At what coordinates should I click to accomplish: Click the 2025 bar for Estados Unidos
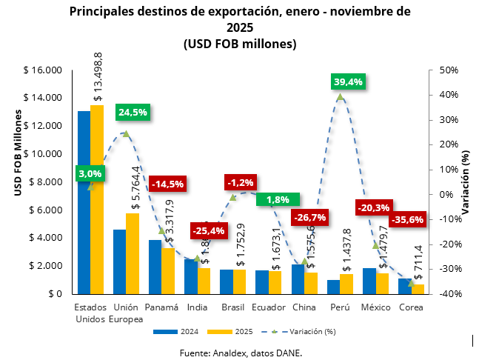point(97,200)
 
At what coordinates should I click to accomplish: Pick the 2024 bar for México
point(369,281)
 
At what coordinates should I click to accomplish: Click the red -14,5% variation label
point(168,183)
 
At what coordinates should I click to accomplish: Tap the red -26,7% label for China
point(309,217)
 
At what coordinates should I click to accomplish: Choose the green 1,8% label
point(278,199)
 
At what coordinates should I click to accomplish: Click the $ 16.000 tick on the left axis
point(43,70)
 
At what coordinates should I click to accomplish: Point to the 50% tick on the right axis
point(449,70)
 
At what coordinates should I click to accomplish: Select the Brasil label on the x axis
point(232,307)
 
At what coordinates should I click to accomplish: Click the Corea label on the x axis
point(411,307)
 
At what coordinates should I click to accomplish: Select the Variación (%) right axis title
point(465,181)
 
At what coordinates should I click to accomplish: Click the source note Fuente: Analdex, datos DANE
point(241,353)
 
